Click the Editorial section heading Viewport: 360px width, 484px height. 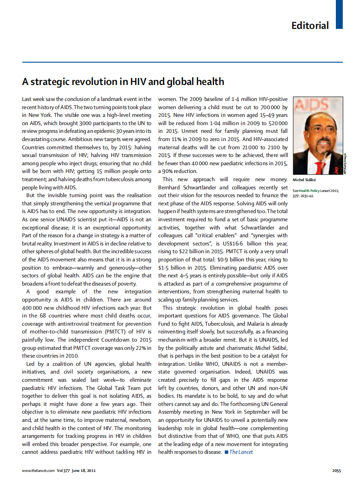click(x=310, y=25)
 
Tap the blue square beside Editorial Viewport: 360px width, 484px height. click(x=339, y=14)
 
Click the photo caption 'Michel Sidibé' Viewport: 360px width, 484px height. click(x=305, y=179)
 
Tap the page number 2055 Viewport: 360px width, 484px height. click(x=337, y=471)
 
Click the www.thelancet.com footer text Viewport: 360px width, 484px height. click(x=38, y=471)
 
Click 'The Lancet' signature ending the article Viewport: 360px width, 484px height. click(x=241, y=452)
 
